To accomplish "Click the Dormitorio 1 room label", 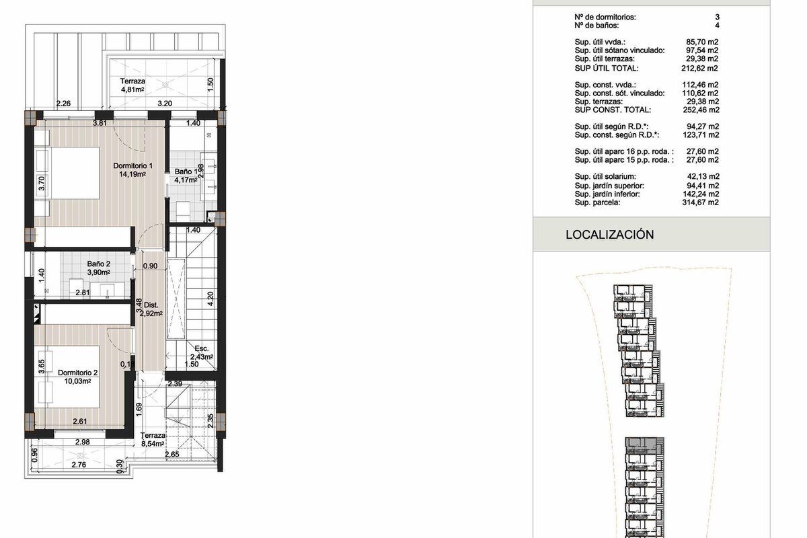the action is (x=132, y=170).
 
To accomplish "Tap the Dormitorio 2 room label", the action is (x=77, y=377).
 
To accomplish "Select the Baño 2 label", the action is (x=98, y=268).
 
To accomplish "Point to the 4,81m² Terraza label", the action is (x=132, y=85).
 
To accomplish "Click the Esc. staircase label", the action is (x=202, y=353).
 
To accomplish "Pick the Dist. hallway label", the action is (x=151, y=309).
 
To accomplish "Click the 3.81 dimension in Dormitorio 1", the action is (x=100, y=123).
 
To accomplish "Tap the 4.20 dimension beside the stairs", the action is (x=210, y=299).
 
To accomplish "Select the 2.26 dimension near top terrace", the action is (x=63, y=104).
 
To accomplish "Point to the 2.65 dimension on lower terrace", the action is (x=172, y=455).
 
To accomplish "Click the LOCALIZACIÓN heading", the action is (x=609, y=235).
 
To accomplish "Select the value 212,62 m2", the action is (x=699, y=68).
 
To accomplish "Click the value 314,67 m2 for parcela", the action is (x=700, y=202).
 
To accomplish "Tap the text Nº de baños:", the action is (x=597, y=26).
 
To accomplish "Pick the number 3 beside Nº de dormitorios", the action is (x=718, y=17).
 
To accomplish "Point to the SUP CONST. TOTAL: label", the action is (x=613, y=110).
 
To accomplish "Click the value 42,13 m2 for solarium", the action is (x=703, y=177).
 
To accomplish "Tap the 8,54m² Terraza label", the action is (x=153, y=440).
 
